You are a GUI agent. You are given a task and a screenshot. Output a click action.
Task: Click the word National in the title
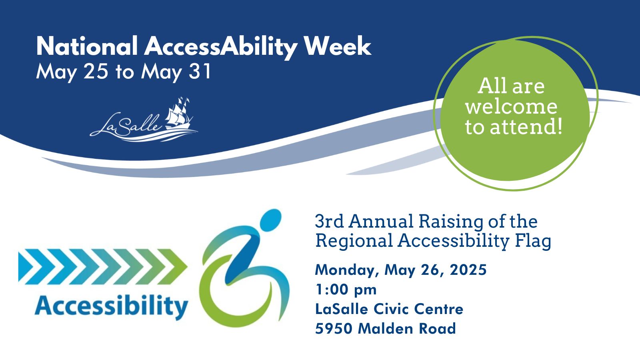pos(87,46)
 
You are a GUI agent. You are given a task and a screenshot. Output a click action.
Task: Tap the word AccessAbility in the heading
pos(220,48)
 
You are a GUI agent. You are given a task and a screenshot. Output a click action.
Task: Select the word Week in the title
pos(337,46)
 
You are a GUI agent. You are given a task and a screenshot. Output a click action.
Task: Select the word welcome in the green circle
pos(511,106)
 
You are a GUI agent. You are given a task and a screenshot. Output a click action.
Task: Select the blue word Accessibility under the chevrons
pos(111,306)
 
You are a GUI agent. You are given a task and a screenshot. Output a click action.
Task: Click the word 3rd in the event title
pos(330,221)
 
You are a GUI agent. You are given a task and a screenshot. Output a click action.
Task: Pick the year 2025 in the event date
pos(468,270)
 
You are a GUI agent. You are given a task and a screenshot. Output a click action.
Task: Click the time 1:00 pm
pos(346,290)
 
